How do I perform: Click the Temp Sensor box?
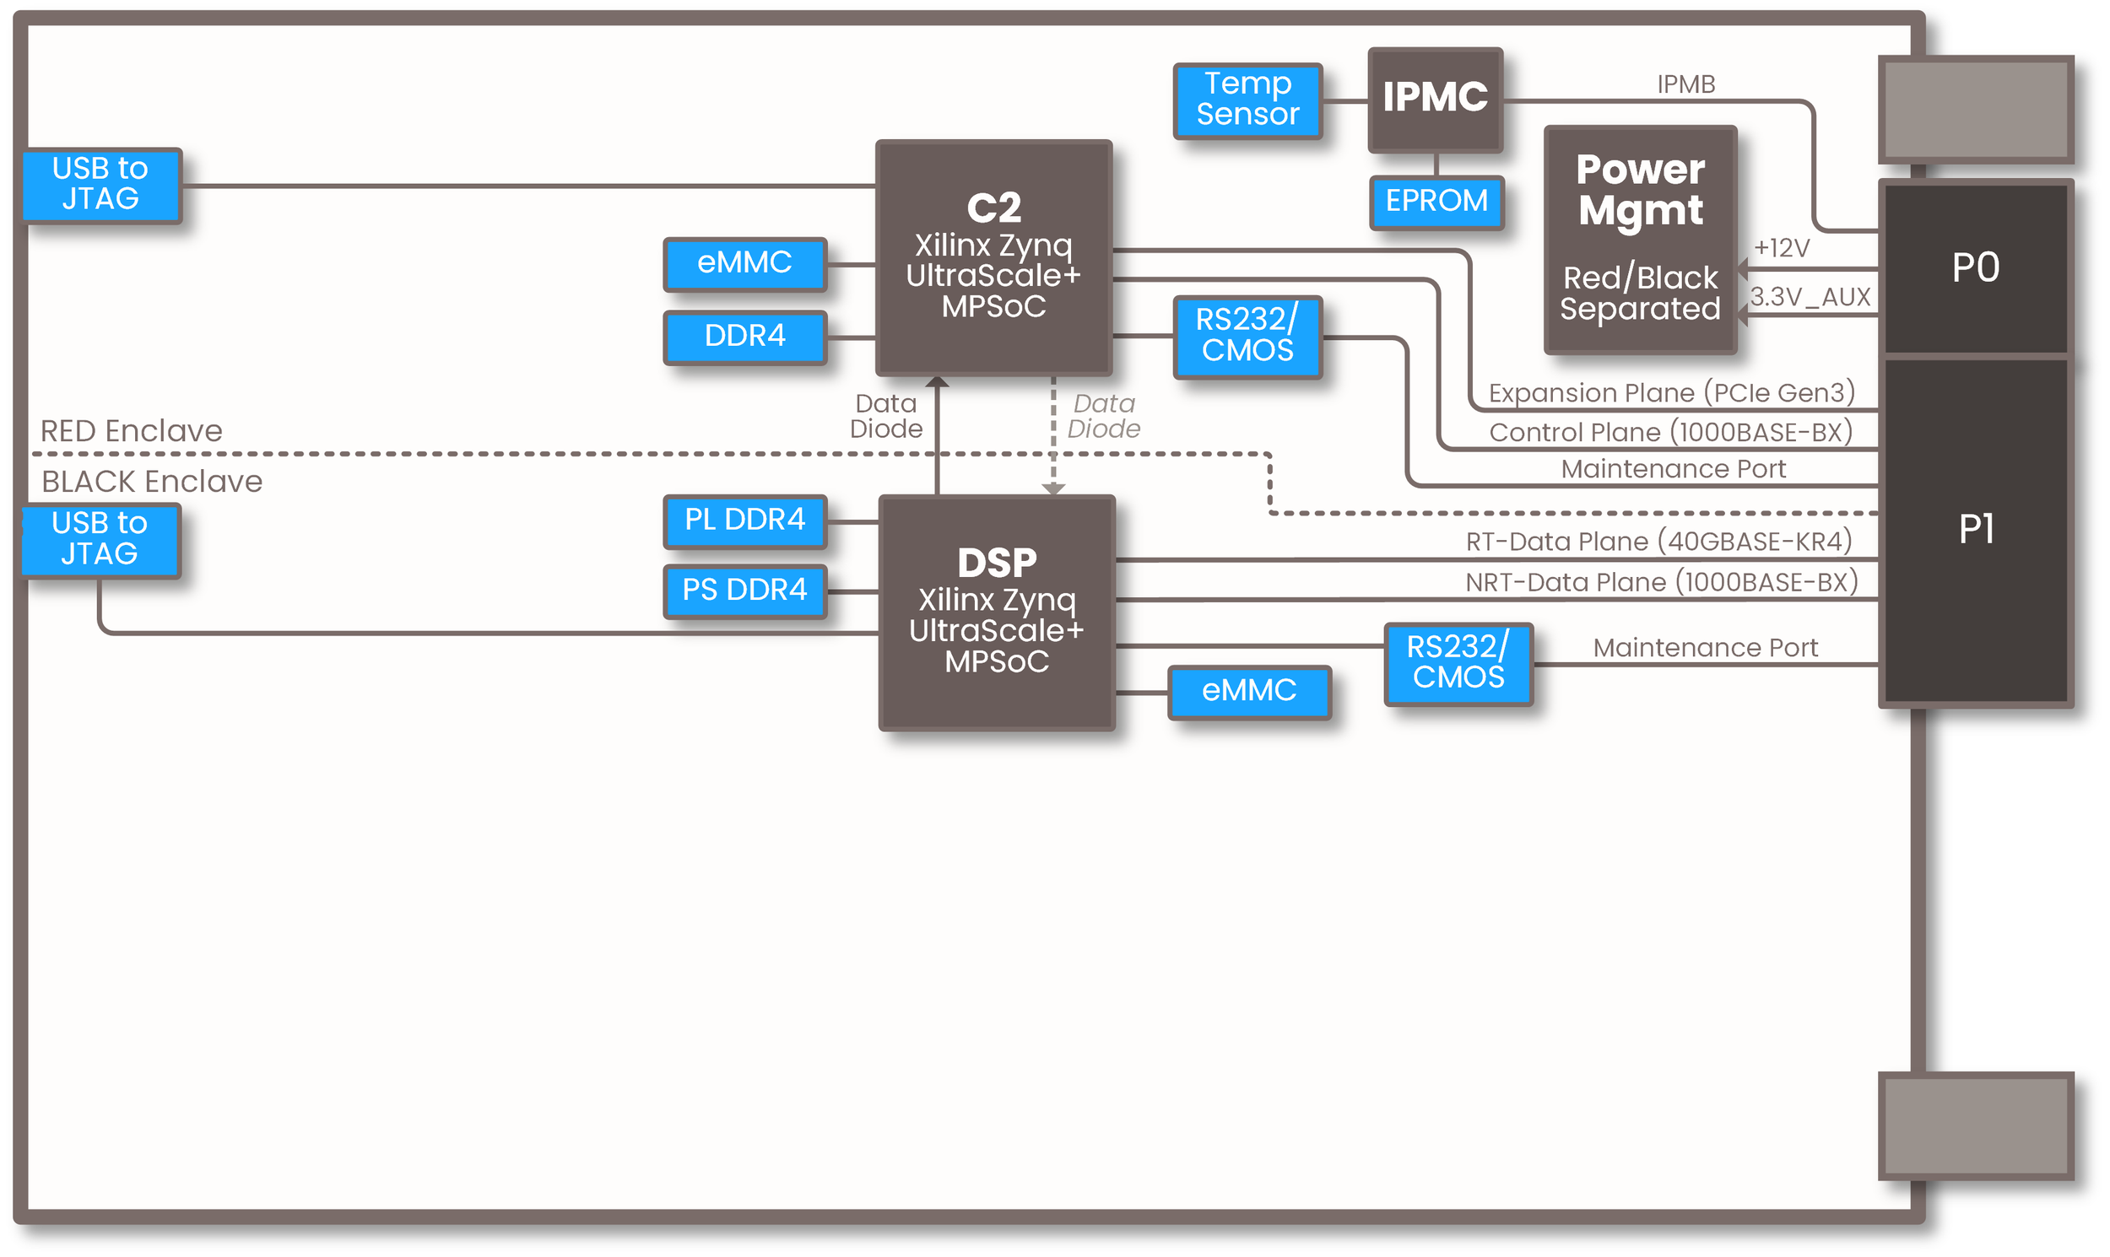pos(1247,100)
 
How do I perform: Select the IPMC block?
pos(1435,99)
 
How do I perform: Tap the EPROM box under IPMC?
pos(1436,202)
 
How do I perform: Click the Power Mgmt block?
pos(1640,239)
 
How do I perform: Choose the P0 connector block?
pos(1975,267)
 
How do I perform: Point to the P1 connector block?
pos(1975,530)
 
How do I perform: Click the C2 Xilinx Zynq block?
pos(993,256)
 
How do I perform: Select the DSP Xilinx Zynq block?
pos(997,612)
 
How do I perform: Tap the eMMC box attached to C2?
pos(744,263)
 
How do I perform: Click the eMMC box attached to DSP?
pos(1249,691)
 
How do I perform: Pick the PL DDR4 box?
pos(744,520)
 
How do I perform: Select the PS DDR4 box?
pos(744,591)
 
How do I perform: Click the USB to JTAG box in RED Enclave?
pos(100,184)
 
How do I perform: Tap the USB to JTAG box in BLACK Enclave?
pos(100,539)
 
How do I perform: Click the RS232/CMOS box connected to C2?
pos(1247,336)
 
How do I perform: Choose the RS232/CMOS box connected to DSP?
pos(1458,663)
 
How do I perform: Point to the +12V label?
pos(1781,248)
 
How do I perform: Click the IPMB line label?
pos(1685,84)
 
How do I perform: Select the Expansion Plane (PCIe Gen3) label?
pos(1671,393)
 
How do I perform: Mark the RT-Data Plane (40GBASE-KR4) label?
pos(1658,542)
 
